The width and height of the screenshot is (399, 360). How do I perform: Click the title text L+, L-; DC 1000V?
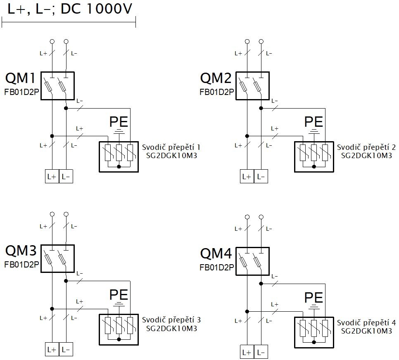point(70,9)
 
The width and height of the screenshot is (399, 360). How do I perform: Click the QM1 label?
point(20,78)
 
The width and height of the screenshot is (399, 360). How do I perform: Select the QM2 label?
point(216,78)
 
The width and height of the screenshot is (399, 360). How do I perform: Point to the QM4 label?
point(216,253)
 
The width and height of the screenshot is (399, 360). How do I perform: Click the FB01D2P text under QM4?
point(217,268)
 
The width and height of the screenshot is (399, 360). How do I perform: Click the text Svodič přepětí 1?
point(171,147)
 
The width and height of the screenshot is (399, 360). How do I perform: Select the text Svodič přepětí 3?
point(171,320)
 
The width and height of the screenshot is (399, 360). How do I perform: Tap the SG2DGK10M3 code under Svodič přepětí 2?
point(366,156)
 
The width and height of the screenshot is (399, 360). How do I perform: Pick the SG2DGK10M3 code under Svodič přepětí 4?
point(366,331)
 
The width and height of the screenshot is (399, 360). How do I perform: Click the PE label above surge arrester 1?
point(119,122)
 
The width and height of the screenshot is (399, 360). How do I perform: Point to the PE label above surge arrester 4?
point(314,297)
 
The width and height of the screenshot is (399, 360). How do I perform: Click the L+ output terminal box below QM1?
point(52,176)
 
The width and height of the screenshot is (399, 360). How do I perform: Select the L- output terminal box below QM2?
point(261,176)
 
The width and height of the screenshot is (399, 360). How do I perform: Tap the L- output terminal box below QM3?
point(66,349)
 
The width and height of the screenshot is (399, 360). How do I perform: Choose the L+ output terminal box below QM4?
point(247,352)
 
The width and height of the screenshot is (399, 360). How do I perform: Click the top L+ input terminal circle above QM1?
point(52,41)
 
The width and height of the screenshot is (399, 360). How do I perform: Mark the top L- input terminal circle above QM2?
point(261,41)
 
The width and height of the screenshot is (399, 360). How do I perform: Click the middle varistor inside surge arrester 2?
point(314,153)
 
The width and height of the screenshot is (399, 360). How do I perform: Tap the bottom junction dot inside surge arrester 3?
point(119,339)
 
